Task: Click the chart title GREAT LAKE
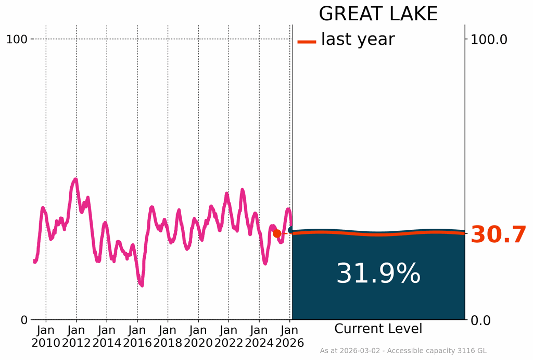(378, 14)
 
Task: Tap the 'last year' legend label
(358, 39)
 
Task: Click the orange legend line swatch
(307, 41)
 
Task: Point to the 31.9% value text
(378, 274)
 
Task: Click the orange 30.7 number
(498, 235)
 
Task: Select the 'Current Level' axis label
(378, 329)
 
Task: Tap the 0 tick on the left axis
(24, 320)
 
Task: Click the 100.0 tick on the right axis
(489, 39)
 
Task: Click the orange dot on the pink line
(277, 233)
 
